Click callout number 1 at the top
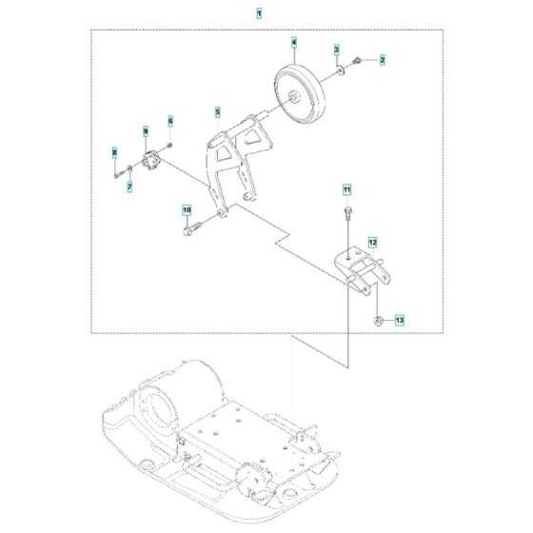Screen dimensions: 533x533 point(260,14)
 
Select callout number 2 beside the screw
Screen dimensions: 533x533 point(384,60)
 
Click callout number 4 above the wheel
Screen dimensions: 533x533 point(294,42)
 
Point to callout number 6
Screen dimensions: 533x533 point(171,122)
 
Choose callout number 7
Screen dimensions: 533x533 point(130,188)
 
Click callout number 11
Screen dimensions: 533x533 point(347,188)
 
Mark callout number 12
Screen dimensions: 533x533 point(373,243)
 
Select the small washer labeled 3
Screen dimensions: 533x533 point(341,69)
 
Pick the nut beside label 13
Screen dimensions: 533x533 point(378,320)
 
